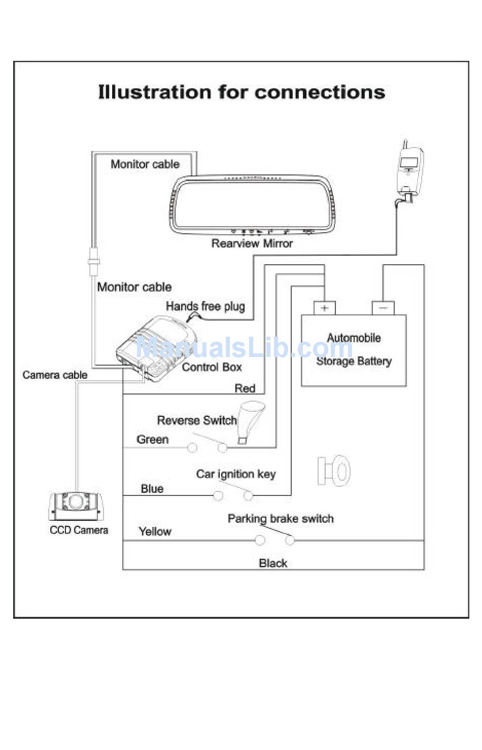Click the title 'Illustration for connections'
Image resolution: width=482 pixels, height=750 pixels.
click(x=241, y=92)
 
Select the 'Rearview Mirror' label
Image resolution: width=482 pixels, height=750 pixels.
click(x=252, y=243)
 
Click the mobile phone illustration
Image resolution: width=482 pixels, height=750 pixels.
click(x=410, y=171)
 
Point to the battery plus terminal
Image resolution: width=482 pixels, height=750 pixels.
click(x=324, y=308)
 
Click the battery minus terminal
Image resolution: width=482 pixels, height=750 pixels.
click(x=383, y=308)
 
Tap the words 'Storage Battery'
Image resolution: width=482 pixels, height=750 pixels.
click(x=354, y=361)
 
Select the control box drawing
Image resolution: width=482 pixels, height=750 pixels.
click(x=156, y=348)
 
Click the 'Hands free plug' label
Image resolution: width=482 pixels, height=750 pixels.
click(x=205, y=306)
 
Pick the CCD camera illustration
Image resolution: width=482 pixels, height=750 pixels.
click(x=76, y=506)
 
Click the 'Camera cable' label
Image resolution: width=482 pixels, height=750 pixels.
click(x=55, y=375)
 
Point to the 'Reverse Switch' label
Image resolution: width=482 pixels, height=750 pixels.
click(x=197, y=420)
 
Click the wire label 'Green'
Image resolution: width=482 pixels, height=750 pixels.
click(x=152, y=439)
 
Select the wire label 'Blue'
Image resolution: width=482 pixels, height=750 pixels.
click(x=152, y=489)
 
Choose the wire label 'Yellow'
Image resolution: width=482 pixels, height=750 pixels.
click(x=155, y=531)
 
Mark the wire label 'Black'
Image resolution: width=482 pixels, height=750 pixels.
click(x=273, y=563)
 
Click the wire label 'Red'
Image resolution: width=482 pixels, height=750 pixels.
click(x=245, y=388)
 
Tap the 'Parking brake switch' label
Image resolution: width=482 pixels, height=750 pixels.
click(x=281, y=519)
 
